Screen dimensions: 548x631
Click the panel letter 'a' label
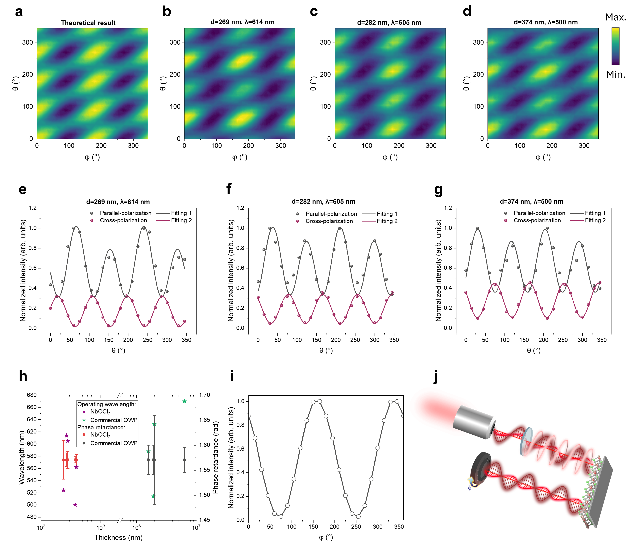(x=19, y=12)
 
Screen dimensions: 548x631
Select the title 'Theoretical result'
(x=88, y=23)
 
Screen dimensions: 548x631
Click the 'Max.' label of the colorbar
(x=615, y=17)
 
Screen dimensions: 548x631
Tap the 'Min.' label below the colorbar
(x=615, y=75)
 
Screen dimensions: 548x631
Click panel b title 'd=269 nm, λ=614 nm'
(x=242, y=22)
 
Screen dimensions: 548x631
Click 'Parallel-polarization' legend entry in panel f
(x=331, y=214)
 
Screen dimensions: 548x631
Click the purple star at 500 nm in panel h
(x=75, y=504)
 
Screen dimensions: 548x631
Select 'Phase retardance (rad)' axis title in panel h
(x=216, y=458)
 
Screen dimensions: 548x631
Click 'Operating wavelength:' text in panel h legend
(x=106, y=404)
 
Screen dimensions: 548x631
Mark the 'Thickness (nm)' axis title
(x=118, y=537)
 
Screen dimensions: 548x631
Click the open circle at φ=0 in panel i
(x=249, y=416)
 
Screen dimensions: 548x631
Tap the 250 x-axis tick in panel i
(x=356, y=527)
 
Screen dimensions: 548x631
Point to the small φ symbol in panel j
(x=470, y=488)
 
